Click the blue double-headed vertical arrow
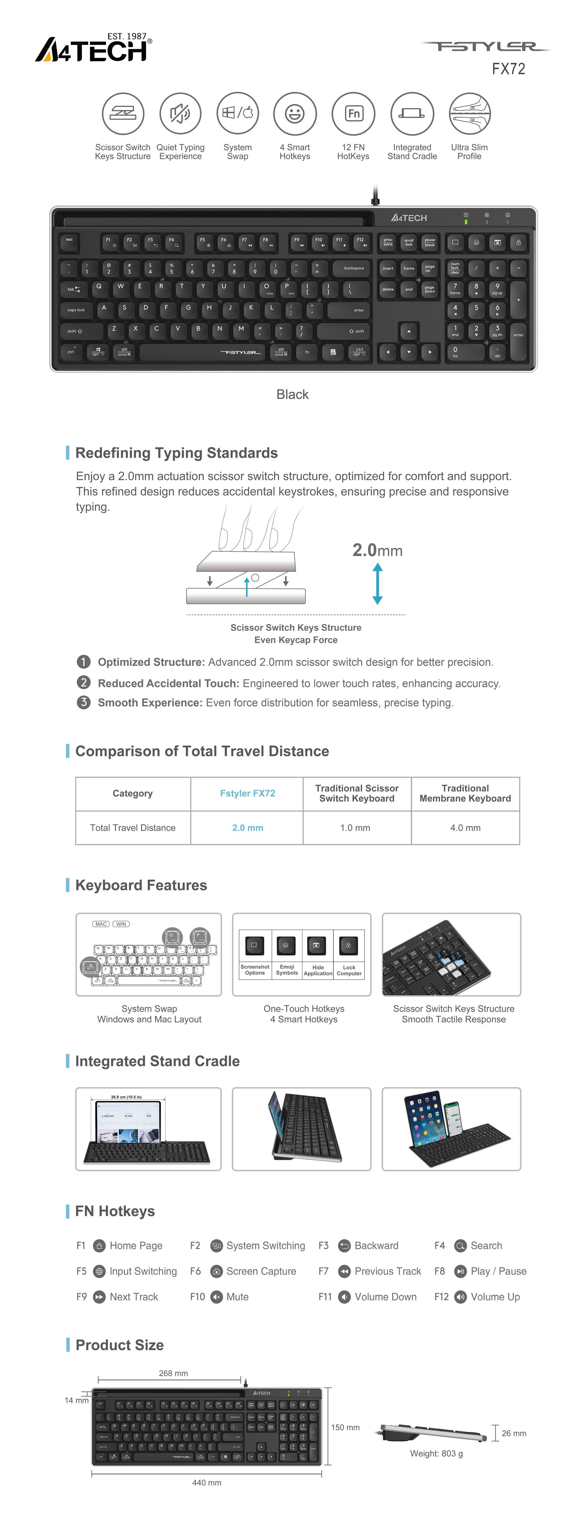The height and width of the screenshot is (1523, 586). pos(377,583)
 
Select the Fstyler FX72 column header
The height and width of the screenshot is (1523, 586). pos(248,793)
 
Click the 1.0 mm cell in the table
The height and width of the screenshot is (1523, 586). pos(355,828)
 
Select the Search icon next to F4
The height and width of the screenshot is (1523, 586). pos(460,1246)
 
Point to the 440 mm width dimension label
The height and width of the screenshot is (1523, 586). pos(207,1482)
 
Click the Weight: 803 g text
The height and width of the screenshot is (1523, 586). pos(437,1453)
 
